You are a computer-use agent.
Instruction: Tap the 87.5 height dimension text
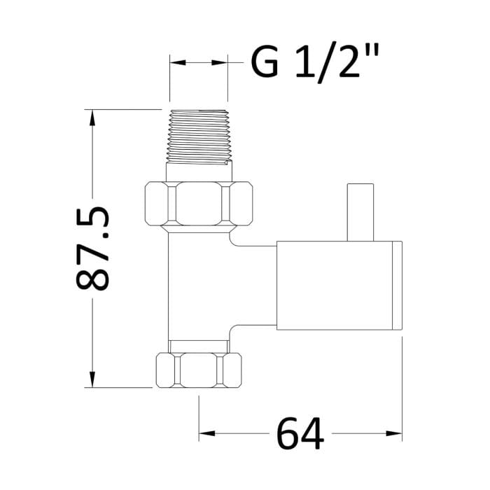92,248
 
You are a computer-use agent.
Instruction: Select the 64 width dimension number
300,434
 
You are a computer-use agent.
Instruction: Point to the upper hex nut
199,204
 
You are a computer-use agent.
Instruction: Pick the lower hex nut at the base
199,368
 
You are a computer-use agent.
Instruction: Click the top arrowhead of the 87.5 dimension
91,118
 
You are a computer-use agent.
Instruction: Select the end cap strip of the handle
398,284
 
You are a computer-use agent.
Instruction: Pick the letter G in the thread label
265,64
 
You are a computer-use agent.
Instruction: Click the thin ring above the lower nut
199,345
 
